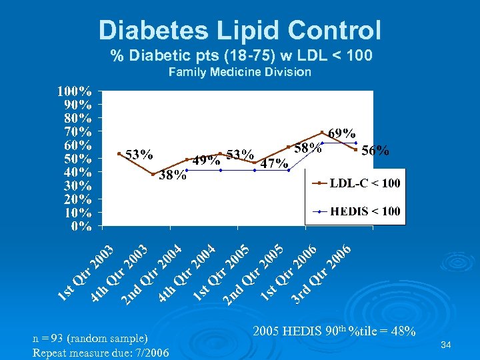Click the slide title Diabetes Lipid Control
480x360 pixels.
tap(240, 30)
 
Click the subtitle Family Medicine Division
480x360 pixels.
tap(240, 71)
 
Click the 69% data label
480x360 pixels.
tap(341, 134)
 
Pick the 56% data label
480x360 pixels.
tap(375, 151)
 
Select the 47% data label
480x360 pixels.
tap(274, 163)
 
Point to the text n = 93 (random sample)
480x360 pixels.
tap(90, 338)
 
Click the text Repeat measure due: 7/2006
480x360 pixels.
tap(101, 353)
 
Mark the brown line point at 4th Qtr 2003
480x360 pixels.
tap(153, 175)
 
